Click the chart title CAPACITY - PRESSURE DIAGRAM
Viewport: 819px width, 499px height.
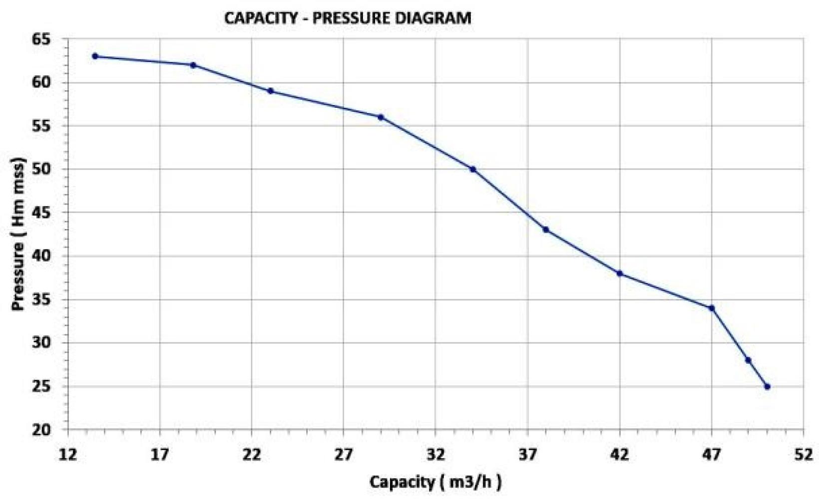(x=348, y=18)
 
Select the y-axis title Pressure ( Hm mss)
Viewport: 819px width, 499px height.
(x=19, y=235)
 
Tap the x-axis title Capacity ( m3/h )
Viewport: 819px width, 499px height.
(x=435, y=482)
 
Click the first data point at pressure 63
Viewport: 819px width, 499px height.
(x=95, y=56)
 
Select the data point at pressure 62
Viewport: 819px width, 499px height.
(x=193, y=65)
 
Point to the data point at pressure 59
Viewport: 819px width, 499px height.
(x=270, y=91)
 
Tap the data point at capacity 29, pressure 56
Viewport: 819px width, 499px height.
(x=381, y=117)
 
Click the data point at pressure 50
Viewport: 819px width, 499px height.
(x=472, y=169)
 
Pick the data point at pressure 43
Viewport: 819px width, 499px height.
(x=546, y=230)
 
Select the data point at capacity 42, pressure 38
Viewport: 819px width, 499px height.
(x=620, y=273)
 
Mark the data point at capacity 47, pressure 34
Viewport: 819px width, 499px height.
(x=712, y=308)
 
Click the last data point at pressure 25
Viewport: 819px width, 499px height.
(x=767, y=387)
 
